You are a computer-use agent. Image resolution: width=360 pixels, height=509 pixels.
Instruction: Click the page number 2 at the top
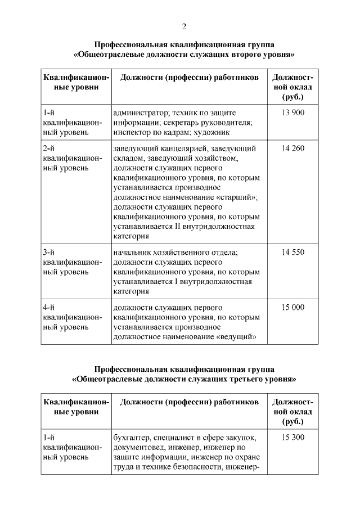click(184, 26)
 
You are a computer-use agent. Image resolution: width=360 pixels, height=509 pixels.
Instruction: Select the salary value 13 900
click(292, 113)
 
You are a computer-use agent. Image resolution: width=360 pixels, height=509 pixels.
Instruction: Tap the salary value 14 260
click(292, 148)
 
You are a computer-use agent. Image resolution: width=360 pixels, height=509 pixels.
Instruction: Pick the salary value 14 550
click(292, 253)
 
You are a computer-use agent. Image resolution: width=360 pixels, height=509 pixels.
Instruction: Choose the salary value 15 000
click(292, 308)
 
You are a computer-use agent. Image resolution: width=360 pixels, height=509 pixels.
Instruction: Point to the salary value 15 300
click(292, 437)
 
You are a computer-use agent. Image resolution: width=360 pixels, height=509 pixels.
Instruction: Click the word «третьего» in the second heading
click(241, 379)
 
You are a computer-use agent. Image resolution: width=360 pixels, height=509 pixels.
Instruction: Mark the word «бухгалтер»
click(132, 437)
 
